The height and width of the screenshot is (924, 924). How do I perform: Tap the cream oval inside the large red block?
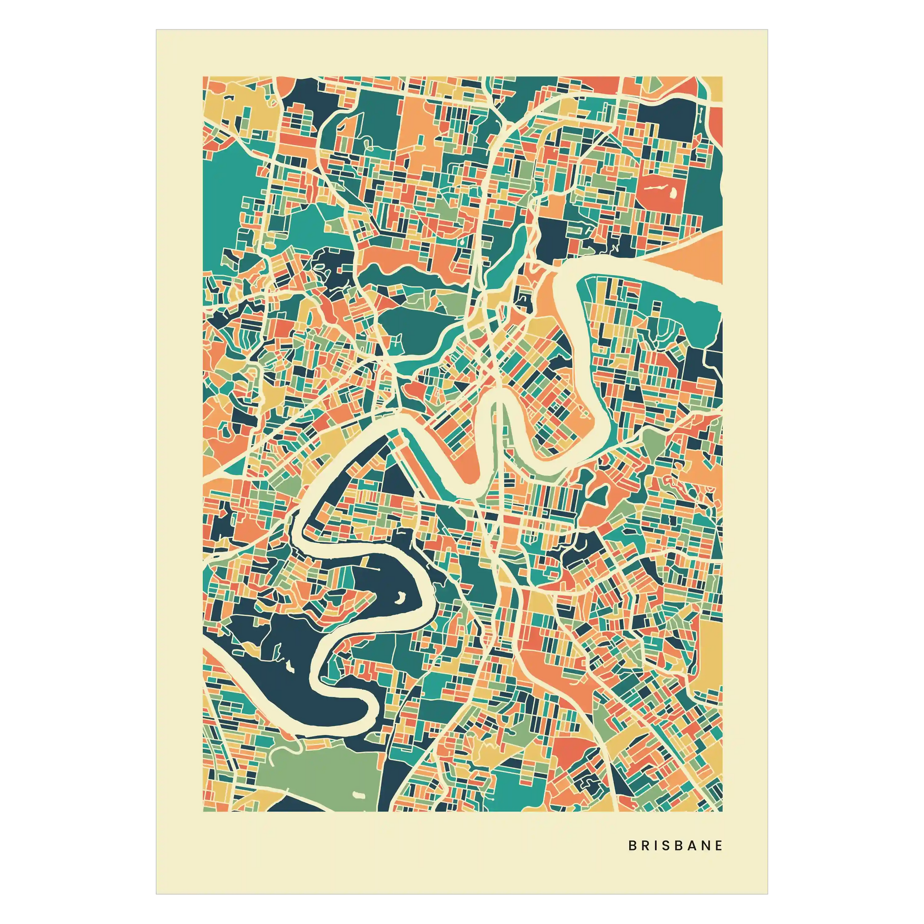673,193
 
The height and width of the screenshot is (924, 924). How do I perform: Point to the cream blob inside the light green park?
358,794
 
